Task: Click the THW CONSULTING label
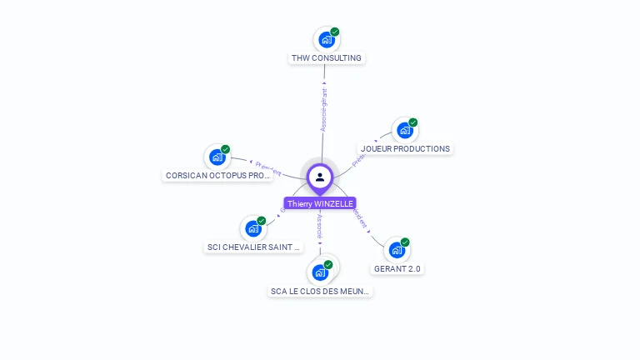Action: pos(327,58)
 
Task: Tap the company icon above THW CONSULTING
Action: pos(326,39)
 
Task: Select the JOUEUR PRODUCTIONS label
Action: pos(405,149)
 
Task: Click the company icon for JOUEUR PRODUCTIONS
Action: pos(404,130)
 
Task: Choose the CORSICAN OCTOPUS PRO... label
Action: pos(217,176)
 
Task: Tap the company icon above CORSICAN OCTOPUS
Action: pos(217,157)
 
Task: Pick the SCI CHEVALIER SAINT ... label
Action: pos(252,247)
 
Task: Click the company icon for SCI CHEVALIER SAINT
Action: pos(252,228)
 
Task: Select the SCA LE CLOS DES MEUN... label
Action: pos(320,292)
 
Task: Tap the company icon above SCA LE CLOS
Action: pos(319,272)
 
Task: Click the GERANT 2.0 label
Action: pos(397,269)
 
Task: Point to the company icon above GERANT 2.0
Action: pos(397,250)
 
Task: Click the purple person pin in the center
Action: pos(320,177)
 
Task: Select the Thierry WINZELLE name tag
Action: pos(320,203)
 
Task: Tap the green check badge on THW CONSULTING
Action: pos(335,32)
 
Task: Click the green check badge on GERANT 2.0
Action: pos(406,242)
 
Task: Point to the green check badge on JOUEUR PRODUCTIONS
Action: pos(413,122)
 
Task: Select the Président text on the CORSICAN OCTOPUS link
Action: pos(268,168)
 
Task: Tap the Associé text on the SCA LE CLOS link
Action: pos(319,227)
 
